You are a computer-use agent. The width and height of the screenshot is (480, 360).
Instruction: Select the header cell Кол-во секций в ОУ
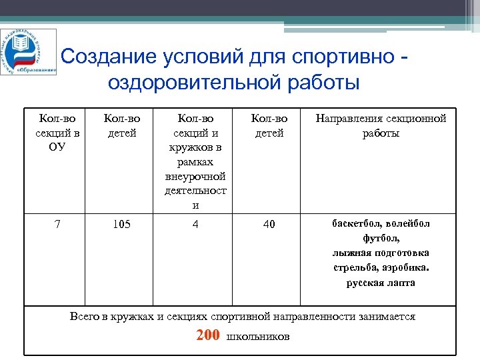(57, 132)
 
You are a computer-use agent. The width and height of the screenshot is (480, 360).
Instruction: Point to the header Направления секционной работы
(381, 125)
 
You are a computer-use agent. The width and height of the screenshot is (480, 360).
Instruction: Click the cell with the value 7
(57, 224)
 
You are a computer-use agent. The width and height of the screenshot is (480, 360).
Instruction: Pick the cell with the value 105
(121, 224)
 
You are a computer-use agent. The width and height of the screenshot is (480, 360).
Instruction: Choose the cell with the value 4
(195, 224)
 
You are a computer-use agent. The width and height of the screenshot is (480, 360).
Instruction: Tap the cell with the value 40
(269, 224)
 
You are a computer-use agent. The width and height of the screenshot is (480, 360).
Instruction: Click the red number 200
(208, 335)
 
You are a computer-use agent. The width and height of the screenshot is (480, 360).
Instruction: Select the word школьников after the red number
(258, 336)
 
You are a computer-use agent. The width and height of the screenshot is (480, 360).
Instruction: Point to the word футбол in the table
(380, 238)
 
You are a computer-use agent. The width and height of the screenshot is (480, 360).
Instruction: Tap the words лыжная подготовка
(381, 253)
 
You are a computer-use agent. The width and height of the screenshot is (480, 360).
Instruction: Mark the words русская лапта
(381, 282)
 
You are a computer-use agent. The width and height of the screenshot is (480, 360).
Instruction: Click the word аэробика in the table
(407, 267)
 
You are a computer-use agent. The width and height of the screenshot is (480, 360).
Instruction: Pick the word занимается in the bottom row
(387, 317)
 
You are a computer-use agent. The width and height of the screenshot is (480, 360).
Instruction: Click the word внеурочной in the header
(195, 176)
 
